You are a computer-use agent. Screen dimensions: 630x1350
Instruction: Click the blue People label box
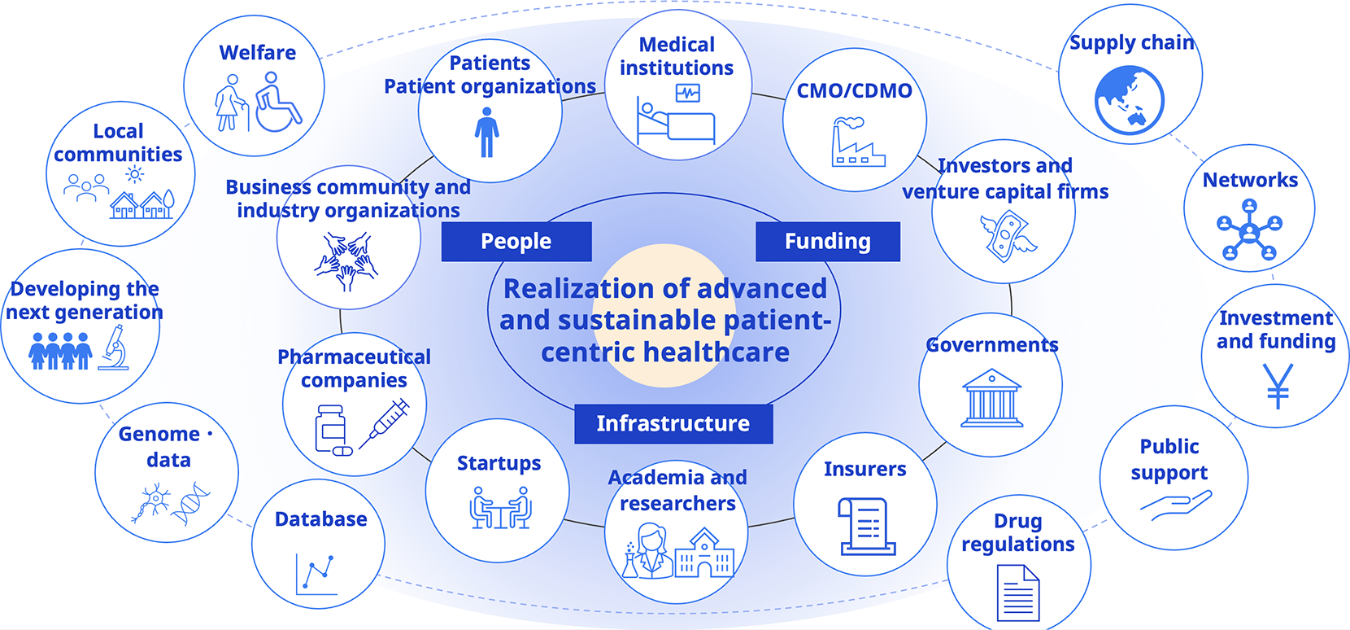click(x=516, y=242)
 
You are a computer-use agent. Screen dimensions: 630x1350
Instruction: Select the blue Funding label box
click(x=827, y=242)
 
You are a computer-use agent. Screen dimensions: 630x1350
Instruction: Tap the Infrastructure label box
click(x=673, y=423)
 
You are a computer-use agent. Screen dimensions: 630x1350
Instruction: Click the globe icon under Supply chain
click(x=1129, y=100)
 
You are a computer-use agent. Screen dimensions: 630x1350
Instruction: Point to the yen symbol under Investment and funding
click(x=1277, y=385)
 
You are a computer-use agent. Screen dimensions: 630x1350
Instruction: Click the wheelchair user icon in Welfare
click(x=277, y=103)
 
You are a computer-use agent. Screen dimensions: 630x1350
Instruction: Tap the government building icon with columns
click(x=991, y=399)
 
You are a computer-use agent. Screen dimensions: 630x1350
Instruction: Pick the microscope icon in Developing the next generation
click(x=115, y=348)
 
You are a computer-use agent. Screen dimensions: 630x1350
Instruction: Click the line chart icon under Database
click(x=317, y=574)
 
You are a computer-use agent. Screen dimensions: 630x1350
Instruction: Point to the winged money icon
click(x=1007, y=236)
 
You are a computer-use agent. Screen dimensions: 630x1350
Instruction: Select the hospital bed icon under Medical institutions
click(x=675, y=119)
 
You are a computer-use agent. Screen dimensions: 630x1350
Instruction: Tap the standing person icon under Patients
click(x=486, y=134)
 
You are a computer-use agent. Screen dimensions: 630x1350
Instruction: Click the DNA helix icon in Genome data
click(x=191, y=503)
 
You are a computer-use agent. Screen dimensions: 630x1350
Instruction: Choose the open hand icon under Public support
click(x=1175, y=505)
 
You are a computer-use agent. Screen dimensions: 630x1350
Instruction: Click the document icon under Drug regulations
click(x=1017, y=593)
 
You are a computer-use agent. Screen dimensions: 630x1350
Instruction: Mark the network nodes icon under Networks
click(x=1249, y=232)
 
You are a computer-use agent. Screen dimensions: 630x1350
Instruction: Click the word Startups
click(x=499, y=463)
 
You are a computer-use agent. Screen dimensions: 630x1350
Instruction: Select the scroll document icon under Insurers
click(x=866, y=527)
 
